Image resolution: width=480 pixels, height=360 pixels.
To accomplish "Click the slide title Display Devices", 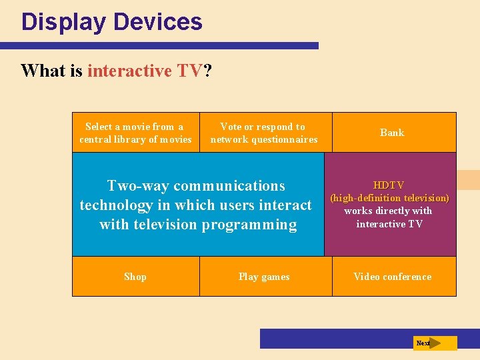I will coord(111,22).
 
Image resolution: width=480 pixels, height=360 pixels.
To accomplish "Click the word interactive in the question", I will coord(129,71).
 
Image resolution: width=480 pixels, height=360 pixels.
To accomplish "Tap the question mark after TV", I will coord(207,71).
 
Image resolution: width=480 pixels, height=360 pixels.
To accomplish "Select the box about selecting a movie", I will coord(135,133).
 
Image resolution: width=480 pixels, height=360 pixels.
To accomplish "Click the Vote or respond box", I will coord(264,133).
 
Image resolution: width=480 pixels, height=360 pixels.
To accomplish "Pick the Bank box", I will coord(392,133).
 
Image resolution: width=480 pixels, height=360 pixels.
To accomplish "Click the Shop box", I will coord(135,277).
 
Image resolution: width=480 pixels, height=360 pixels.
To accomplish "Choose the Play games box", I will coord(264,277).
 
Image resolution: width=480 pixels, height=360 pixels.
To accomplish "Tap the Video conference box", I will coord(392,277).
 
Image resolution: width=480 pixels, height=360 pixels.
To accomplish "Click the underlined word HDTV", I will coord(389,185).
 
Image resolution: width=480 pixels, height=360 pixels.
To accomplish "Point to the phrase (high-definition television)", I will coord(389,198).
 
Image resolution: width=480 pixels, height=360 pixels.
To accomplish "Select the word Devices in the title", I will coord(158,22).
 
